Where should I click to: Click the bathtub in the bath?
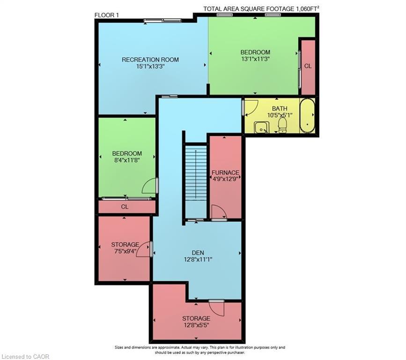pos(307,116)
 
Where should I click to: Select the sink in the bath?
pos(260,127)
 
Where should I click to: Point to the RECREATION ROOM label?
pos(150,60)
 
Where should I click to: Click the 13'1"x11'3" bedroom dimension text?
pos(255,59)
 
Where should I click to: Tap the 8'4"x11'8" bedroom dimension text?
pos(126,160)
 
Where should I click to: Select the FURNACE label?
pos(225,172)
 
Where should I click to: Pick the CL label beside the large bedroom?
pos(308,67)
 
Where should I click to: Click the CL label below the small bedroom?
pos(125,206)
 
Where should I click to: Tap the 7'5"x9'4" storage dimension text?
pos(125,252)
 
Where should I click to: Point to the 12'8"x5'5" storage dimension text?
pos(197,325)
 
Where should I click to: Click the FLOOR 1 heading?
pos(107,15)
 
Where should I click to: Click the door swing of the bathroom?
pos(251,107)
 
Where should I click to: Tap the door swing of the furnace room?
pos(218,213)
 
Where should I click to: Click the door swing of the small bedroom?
pos(150,187)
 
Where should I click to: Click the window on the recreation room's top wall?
pos(162,20)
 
